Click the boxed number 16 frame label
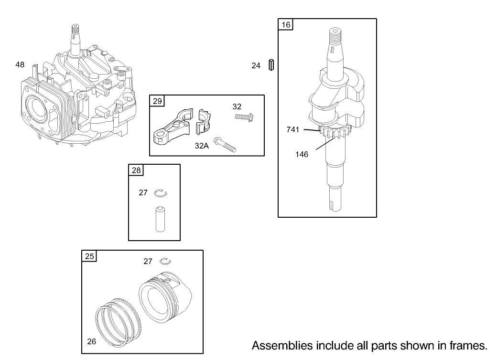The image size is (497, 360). [286, 24]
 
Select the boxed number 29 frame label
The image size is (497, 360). [157, 101]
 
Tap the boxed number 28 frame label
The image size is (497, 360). [136, 170]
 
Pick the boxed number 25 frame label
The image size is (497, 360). [89, 256]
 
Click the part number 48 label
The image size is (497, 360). [20, 64]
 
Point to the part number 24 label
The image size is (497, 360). [256, 66]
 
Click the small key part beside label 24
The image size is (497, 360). [271, 65]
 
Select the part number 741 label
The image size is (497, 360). [293, 129]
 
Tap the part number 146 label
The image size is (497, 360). [302, 154]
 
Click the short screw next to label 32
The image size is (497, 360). [244, 116]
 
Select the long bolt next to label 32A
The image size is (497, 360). [226, 144]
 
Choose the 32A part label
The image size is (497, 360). [202, 146]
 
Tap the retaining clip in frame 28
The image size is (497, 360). [161, 193]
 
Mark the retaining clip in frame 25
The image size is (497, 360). [166, 260]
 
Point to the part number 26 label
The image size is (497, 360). [91, 341]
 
